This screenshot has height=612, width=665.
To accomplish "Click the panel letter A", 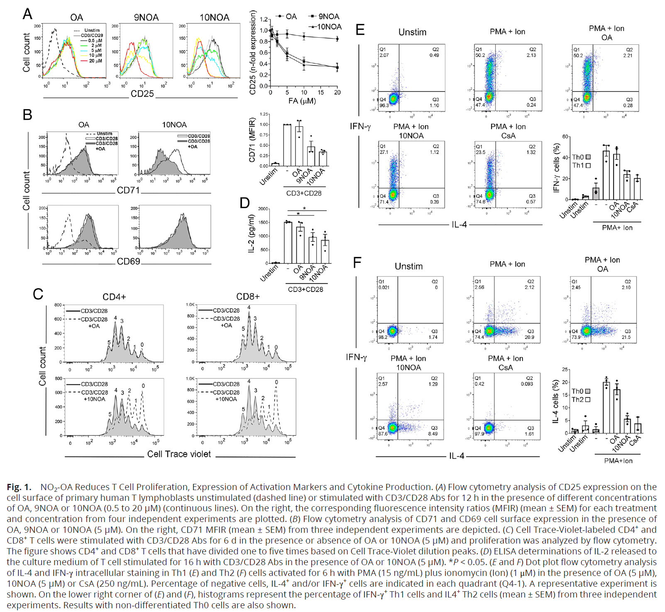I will pos(27,14).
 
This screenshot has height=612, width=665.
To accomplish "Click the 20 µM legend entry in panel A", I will pos(95,61).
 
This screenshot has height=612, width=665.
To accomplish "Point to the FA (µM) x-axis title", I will pos(302,101).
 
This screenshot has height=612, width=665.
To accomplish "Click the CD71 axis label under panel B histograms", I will pos(128,190).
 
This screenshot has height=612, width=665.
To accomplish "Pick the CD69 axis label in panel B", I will pos(128,262).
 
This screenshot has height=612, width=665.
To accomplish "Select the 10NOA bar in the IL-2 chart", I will pos(325,251).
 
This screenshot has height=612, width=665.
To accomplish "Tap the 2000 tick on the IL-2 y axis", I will pos(263,209).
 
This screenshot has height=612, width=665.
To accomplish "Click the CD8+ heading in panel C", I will pos(248,296).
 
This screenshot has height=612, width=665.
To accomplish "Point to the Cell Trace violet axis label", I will pos(179,454).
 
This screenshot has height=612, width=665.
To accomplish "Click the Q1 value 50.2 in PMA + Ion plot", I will pos(480,56).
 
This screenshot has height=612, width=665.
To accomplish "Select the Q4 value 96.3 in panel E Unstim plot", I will pos(384,105).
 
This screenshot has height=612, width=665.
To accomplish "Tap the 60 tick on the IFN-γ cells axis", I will pos(565,137).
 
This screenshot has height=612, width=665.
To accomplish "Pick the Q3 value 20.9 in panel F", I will pos(529,337).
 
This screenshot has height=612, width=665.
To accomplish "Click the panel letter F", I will pos(357,262).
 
